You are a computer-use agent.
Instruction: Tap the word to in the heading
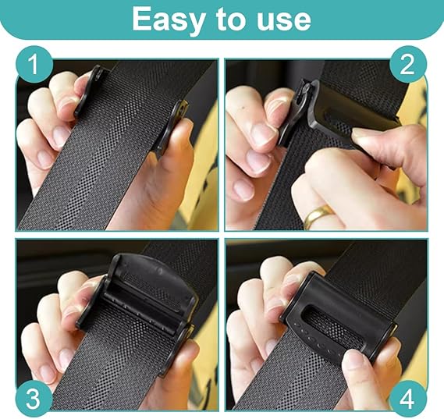pyautogui.click(x=230, y=19)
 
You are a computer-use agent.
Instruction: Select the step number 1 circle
pyautogui.click(x=34, y=64)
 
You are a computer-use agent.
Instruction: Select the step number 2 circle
pyautogui.click(x=407, y=64)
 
